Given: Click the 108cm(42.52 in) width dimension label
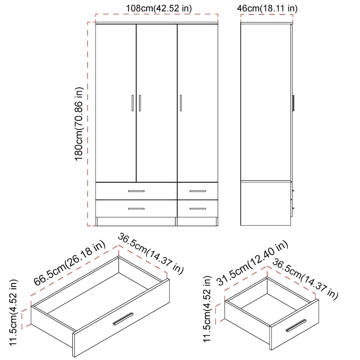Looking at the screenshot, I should (x=156, y=8).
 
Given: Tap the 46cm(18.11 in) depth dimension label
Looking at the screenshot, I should (x=267, y=8).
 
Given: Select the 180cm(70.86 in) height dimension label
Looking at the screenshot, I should (x=79, y=124).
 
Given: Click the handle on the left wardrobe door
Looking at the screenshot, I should (x=132, y=103).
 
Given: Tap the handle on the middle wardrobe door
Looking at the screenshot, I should (x=140, y=103).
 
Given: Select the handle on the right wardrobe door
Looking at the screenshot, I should (x=180, y=103).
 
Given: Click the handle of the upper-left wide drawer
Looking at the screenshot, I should (x=136, y=191).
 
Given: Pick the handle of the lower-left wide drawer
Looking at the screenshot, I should (x=136, y=208).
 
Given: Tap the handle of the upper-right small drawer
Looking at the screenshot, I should (x=198, y=191).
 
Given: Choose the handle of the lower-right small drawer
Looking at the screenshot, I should (x=198, y=208).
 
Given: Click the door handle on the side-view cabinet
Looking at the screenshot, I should (x=294, y=103).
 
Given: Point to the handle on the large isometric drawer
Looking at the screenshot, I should (x=123, y=319).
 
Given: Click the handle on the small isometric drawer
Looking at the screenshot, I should (x=296, y=326).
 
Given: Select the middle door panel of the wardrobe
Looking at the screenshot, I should (x=156, y=103).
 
